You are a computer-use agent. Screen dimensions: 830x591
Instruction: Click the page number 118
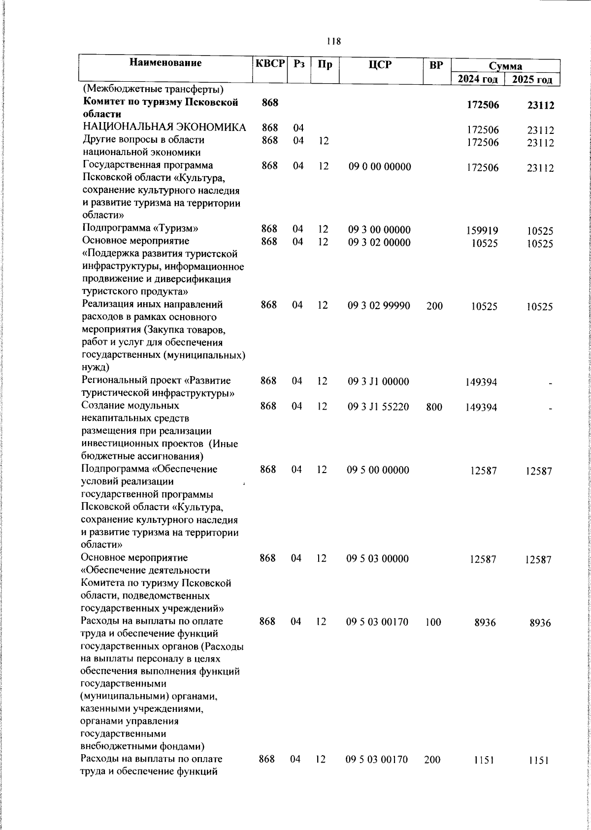point(333,41)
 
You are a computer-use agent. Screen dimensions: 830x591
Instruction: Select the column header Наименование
point(166,63)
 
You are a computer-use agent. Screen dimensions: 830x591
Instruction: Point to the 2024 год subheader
point(477,79)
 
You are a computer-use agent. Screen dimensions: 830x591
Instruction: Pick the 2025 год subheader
point(532,79)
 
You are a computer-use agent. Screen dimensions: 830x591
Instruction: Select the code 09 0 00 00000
point(379,167)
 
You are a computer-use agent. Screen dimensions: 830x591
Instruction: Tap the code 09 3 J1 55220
point(378,407)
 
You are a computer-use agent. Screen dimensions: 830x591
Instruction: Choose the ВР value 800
point(434,407)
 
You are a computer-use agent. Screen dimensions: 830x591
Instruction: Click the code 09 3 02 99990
point(378,306)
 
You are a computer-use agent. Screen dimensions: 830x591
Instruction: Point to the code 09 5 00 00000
point(378,470)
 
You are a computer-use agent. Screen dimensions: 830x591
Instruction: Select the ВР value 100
point(433,622)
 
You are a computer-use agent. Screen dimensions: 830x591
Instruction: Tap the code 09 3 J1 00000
point(378,382)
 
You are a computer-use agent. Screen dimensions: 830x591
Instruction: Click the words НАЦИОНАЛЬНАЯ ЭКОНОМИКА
point(164,128)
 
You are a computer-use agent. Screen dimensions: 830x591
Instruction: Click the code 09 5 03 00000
point(378,559)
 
